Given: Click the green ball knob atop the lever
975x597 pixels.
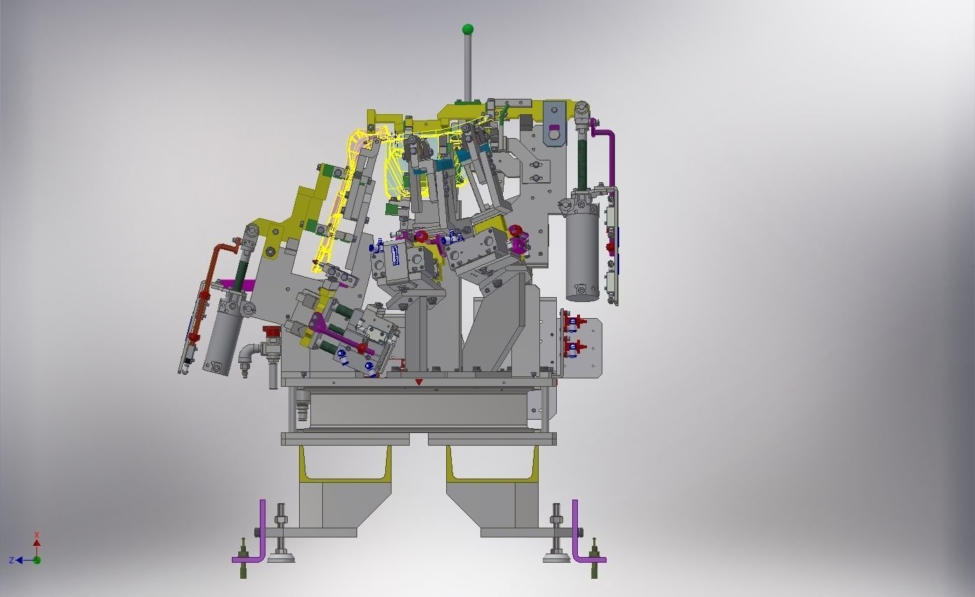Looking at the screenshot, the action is click(467, 29).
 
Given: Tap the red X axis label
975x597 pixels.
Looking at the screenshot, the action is click(37, 535).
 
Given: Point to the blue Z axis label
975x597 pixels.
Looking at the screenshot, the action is click(12, 561).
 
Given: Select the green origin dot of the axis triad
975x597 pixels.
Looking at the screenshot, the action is click(37, 561).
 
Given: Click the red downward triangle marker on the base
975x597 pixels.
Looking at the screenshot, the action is click(419, 382).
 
